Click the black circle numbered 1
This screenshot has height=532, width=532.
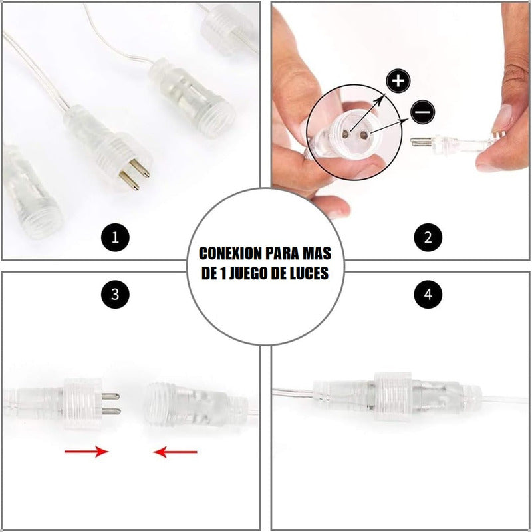pos(115,237)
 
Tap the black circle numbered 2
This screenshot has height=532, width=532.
pos(428,237)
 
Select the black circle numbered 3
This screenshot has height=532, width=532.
pos(115,294)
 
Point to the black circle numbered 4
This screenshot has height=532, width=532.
pos(428,294)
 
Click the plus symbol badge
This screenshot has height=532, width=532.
pos(398,81)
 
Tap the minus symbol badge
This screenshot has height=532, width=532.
pos(423,112)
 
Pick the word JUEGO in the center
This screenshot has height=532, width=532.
pos(249,273)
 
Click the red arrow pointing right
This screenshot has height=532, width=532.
pos(86,452)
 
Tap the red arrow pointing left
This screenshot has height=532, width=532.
pos(175,452)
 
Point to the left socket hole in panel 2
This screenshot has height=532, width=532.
pos(346,134)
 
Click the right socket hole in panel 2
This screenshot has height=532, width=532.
pos(364,136)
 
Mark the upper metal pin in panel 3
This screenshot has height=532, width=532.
pos(110,396)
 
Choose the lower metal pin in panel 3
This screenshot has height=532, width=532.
pos(111,411)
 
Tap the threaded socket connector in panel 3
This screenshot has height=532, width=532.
pos(197,405)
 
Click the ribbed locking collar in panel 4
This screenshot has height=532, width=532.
pos(393,396)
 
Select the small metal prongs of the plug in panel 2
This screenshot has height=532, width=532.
pos(421,142)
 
